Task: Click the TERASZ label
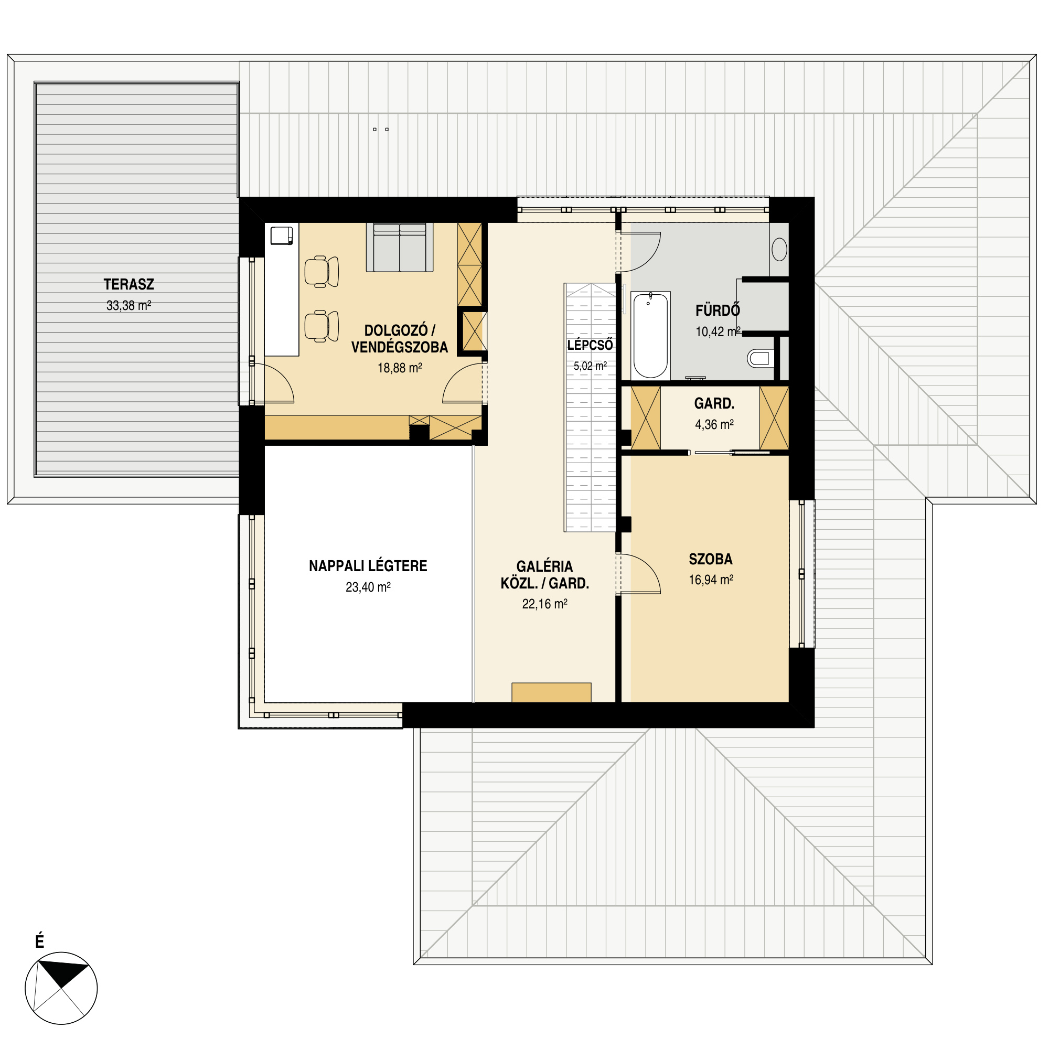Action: tap(129, 284)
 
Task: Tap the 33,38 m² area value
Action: tap(129, 306)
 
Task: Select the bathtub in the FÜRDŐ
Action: tap(650, 336)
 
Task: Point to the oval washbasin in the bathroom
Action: tap(780, 250)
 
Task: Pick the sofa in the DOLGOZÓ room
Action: tap(400, 247)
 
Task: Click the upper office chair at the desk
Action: tap(322, 272)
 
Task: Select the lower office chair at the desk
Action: tap(322, 326)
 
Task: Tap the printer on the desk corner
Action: tap(282, 236)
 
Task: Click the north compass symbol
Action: tap(61, 988)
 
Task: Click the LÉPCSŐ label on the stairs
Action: tap(590, 345)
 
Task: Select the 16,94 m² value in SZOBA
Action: tap(711, 580)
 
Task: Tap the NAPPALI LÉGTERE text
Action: tap(368, 566)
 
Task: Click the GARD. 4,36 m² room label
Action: tap(714, 414)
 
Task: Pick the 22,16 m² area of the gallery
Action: tap(544, 604)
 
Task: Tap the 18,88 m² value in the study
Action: tap(400, 368)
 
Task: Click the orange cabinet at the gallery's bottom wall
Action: tap(551, 692)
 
